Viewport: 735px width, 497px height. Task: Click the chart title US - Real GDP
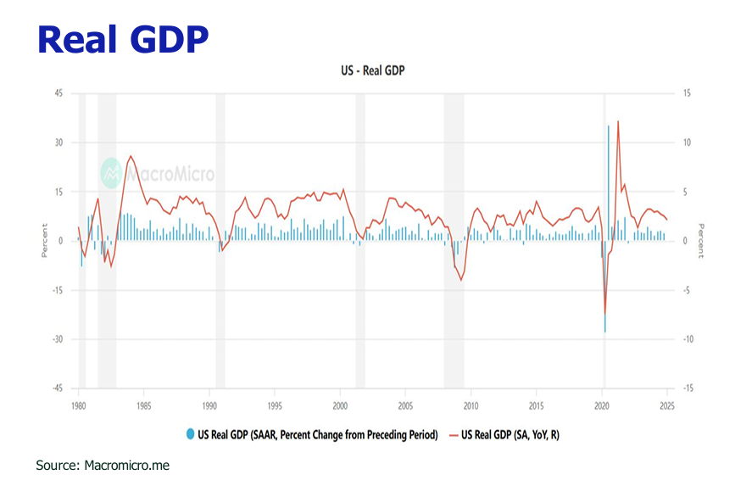367,70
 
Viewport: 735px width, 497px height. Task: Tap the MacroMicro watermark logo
158,173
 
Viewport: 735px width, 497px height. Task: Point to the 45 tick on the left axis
58,93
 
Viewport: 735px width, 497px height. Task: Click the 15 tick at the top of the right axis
687,93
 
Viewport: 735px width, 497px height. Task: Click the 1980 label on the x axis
78,405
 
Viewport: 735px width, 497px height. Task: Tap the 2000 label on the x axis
340,405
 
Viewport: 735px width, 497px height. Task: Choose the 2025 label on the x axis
667,405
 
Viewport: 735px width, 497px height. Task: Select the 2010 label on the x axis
471,405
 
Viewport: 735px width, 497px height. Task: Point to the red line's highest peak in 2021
618,121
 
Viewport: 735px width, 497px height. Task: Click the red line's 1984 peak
131,156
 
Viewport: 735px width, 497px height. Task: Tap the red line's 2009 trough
461,280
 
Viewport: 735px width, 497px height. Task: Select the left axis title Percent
44,241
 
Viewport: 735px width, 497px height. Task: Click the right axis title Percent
701,241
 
